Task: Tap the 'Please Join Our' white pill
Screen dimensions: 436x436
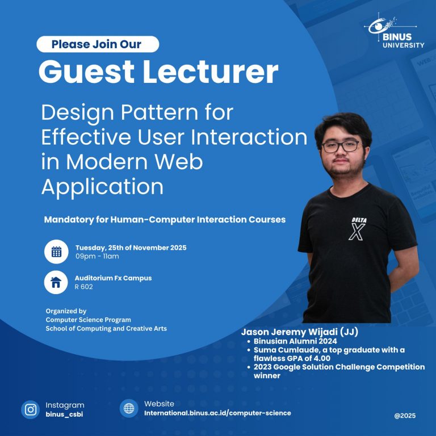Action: coord(98,44)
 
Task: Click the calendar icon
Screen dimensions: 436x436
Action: coord(56,252)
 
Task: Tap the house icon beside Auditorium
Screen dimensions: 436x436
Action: coord(56,282)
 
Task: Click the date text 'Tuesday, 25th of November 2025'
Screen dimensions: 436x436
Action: coord(131,248)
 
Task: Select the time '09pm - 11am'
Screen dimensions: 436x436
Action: coord(97,257)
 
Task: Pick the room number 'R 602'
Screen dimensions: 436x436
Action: coord(83,287)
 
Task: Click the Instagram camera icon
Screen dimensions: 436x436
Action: coord(31,409)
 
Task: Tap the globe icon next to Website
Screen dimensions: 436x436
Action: coord(129,408)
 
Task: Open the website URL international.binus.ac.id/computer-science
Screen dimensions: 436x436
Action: coord(217,413)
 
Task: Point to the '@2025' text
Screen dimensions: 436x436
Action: coord(405,416)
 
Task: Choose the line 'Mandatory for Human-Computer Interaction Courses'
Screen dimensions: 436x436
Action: coord(165,219)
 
